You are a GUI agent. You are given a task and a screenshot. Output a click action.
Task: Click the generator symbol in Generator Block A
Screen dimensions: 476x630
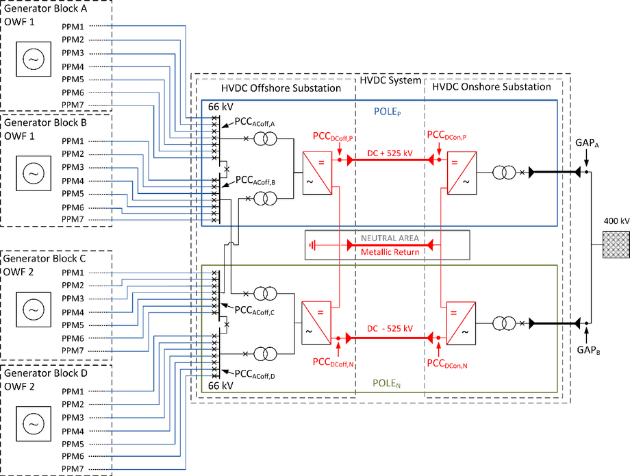[33, 60]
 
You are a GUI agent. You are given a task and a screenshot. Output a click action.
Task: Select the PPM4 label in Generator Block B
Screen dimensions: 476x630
[73, 181]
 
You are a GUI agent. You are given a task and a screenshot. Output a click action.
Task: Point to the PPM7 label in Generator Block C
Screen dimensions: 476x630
[73, 351]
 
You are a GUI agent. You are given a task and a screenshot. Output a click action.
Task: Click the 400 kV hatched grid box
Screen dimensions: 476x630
[616, 245]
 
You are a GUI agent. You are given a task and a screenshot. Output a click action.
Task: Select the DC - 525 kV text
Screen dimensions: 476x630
[389, 329]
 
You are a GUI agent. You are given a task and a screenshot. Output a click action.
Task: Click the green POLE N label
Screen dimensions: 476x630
[386, 384]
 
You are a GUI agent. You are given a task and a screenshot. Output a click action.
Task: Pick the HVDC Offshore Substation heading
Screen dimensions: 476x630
[281, 87]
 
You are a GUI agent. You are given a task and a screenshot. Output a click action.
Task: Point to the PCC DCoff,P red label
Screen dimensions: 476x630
[333, 136]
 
